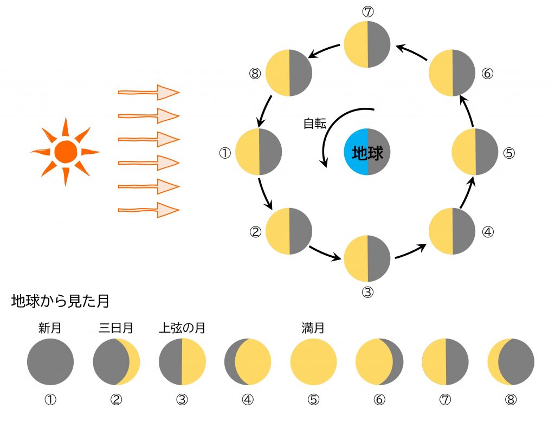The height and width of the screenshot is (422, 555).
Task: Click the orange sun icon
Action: click(x=65, y=151)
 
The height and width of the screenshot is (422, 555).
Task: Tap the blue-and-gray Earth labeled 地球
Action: click(x=367, y=152)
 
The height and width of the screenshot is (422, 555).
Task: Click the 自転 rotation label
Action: click(x=314, y=124)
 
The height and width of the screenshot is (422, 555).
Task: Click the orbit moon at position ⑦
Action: click(x=367, y=44)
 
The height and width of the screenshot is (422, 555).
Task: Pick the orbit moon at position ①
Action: click(x=259, y=152)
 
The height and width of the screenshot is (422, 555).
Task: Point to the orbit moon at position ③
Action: click(x=367, y=258)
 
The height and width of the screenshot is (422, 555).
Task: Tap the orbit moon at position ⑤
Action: click(x=475, y=152)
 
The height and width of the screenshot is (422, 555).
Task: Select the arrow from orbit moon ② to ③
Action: click(x=325, y=253)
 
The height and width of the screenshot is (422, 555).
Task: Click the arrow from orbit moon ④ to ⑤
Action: click(x=468, y=194)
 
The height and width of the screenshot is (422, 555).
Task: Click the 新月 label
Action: click(x=50, y=328)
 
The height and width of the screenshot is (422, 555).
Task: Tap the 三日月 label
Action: click(x=116, y=328)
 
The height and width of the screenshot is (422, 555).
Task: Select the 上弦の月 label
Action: click(x=182, y=328)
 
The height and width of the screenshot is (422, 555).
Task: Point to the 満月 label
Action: click(x=313, y=328)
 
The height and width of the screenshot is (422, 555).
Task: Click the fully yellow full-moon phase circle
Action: click(x=313, y=362)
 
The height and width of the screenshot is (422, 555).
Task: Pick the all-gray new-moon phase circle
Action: click(x=50, y=362)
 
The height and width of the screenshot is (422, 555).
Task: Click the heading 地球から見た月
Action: click(x=60, y=302)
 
